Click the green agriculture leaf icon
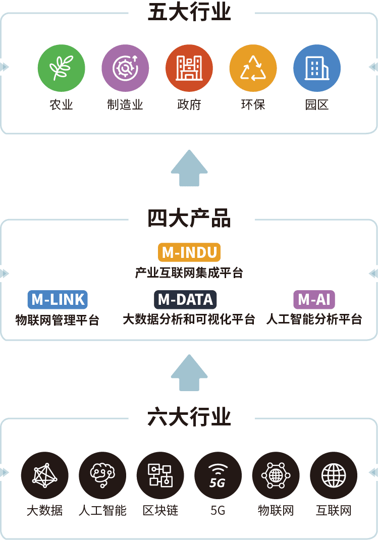point(61,68)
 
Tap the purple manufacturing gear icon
point(125,68)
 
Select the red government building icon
point(189,68)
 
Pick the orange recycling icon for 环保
point(253,68)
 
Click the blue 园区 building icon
point(317,68)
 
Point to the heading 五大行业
point(189,13)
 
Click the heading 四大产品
point(189,219)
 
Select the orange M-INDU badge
point(189,252)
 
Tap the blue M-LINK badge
point(58,300)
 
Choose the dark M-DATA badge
point(185,300)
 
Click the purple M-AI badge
point(314,300)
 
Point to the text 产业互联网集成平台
point(189,273)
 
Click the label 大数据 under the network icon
point(45,511)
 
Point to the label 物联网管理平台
point(58,320)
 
